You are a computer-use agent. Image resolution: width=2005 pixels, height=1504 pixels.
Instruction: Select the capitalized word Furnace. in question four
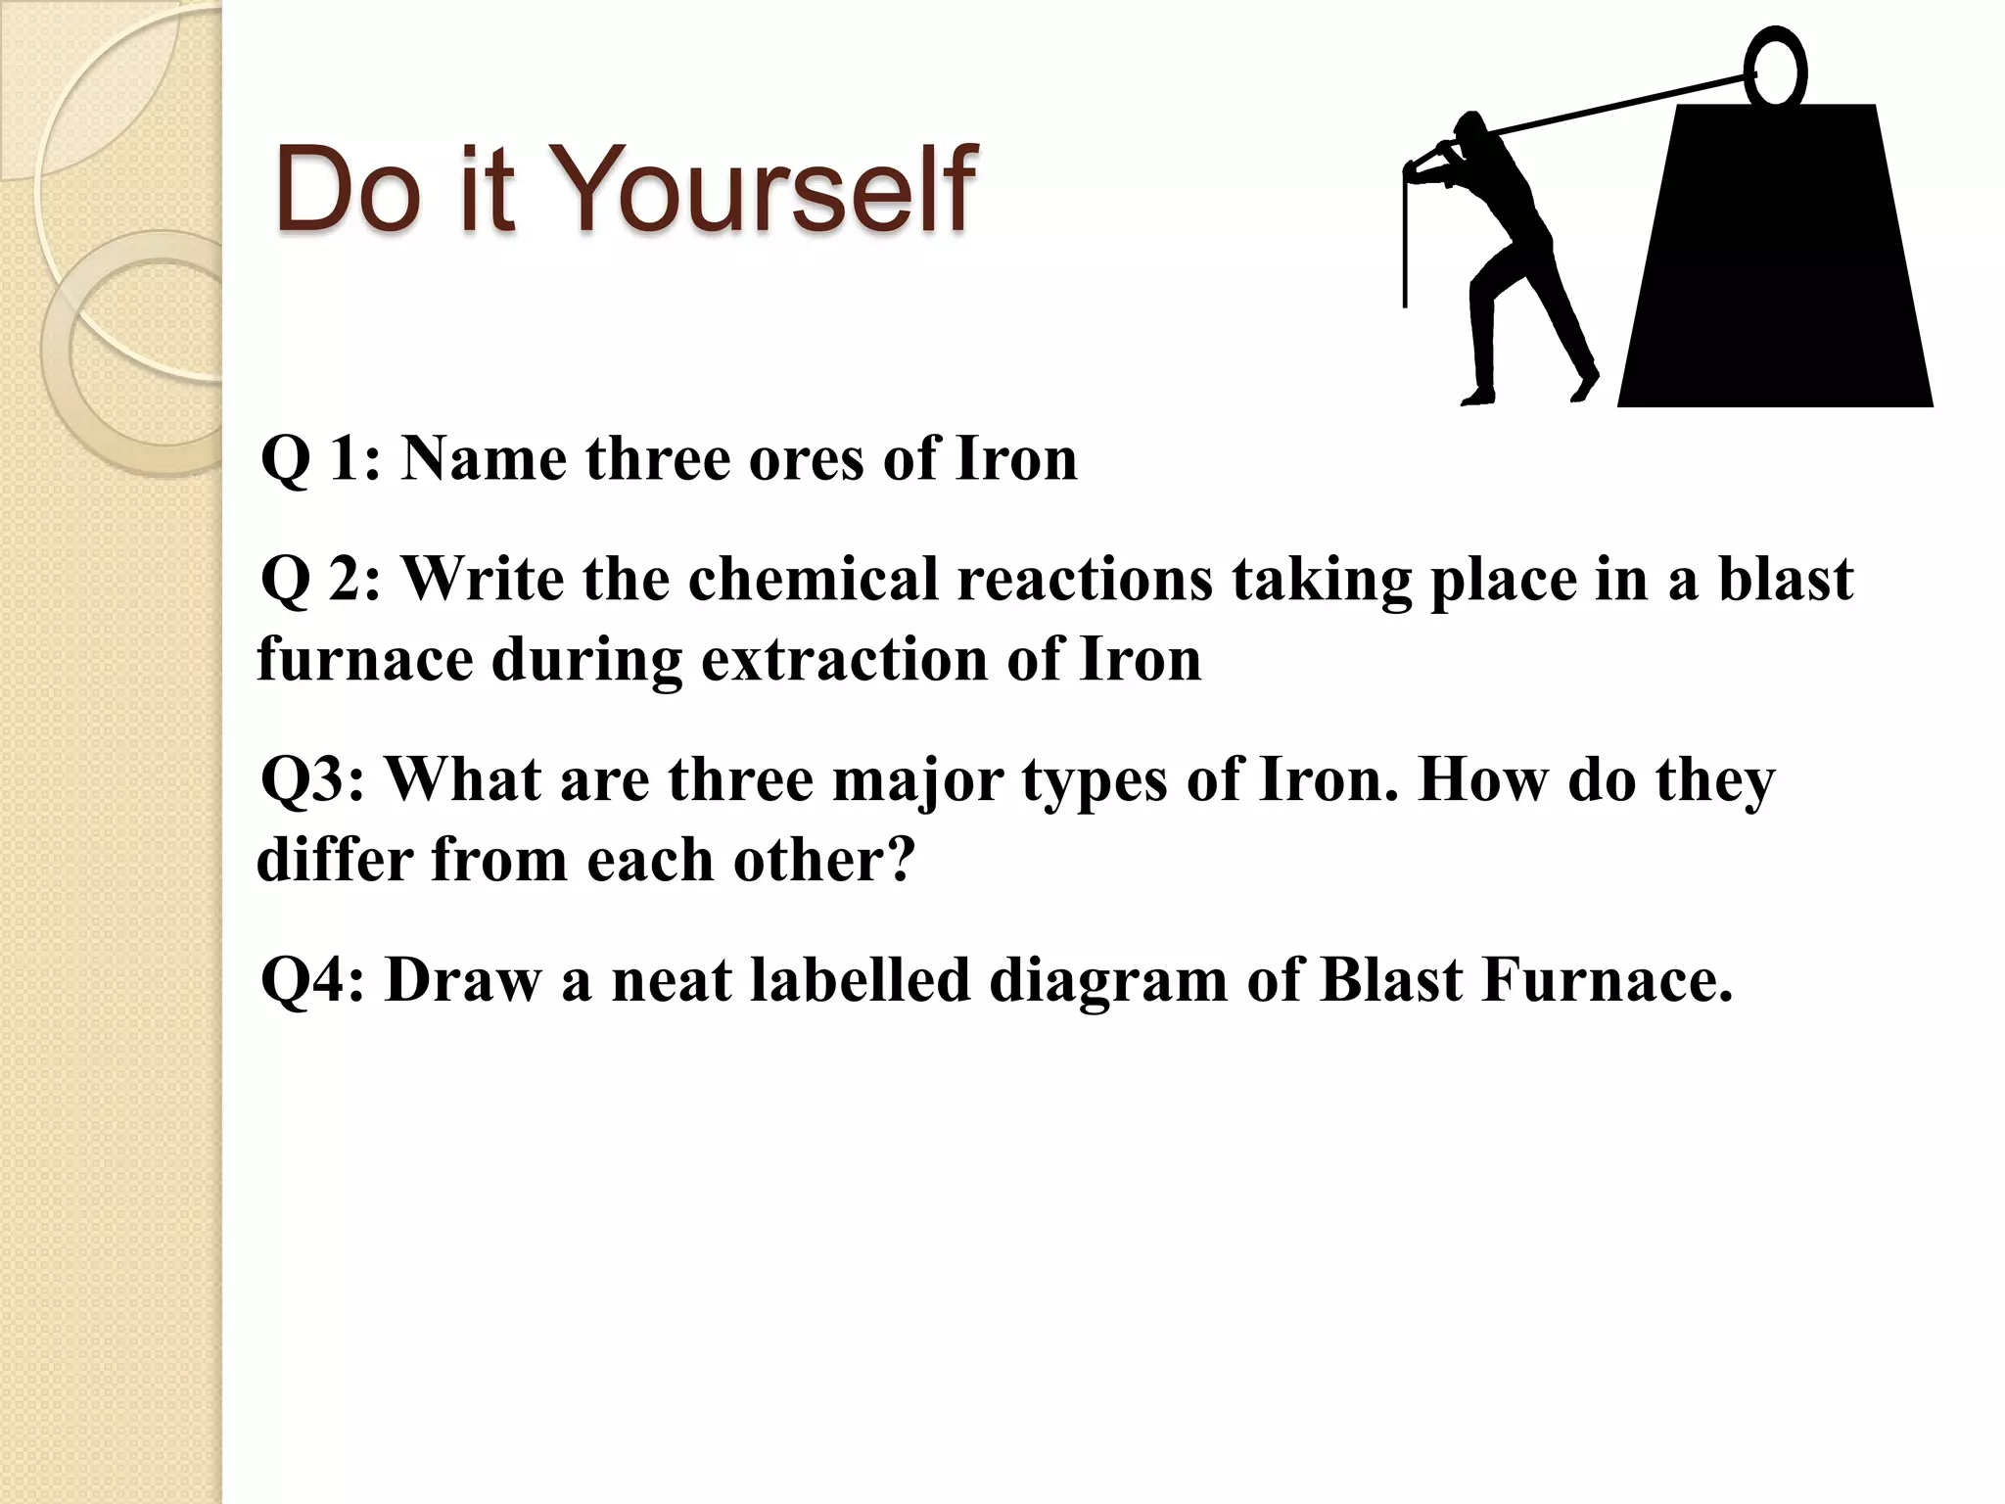[x=1607, y=980]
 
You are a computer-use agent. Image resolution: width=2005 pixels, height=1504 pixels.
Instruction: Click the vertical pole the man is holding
[x=1406, y=245]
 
